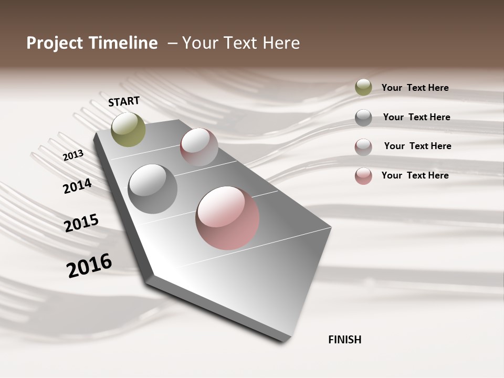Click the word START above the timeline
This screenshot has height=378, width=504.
click(x=124, y=101)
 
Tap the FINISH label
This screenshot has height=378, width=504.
click(x=345, y=340)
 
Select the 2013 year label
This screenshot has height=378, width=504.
click(x=73, y=155)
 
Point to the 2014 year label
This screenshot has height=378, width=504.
click(x=77, y=186)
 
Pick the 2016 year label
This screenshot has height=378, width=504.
click(x=89, y=265)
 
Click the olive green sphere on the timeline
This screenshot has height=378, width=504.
click(x=128, y=129)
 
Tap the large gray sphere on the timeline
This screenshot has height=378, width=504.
click(x=153, y=189)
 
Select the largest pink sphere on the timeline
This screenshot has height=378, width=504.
click(x=227, y=218)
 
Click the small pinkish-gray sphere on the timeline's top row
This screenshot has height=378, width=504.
click(x=199, y=147)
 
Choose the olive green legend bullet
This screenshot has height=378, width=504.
click(x=363, y=88)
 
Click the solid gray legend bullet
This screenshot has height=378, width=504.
click(x=363, y=118)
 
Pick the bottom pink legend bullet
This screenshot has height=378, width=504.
click(x=363, y=176)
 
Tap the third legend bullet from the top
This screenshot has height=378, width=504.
click(x=363, y=147)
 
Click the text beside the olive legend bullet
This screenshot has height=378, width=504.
click(x=415, y=88)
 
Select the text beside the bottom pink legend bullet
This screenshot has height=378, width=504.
click(x=415, y=175)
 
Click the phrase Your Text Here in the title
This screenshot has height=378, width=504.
click(x=241, y=44)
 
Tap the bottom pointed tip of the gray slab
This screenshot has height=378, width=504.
click(x=283, y=341)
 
